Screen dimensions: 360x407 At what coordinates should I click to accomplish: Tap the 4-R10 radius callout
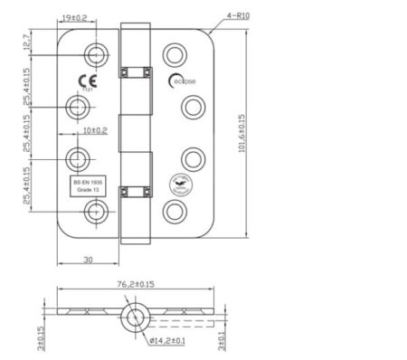237,16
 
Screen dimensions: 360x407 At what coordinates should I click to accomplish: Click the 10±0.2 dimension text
94,131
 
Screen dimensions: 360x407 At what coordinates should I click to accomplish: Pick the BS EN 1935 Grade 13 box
88,185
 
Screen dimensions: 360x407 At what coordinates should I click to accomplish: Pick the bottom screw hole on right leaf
171,211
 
